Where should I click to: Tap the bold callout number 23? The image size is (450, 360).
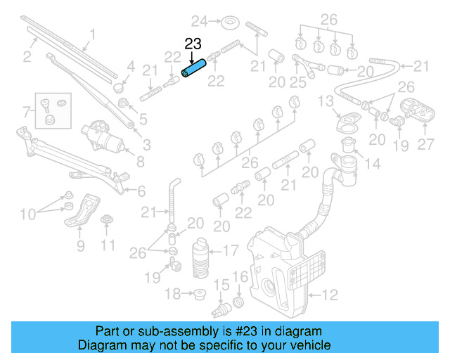click(x=193, y=44)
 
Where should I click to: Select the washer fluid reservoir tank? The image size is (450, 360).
click(x=281, y=267)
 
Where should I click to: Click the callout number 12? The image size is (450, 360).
click(x=330, y=294)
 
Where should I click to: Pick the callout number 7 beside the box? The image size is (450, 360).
click(x=26, y=111)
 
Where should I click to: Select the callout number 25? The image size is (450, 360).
click(x=299, y=83)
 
